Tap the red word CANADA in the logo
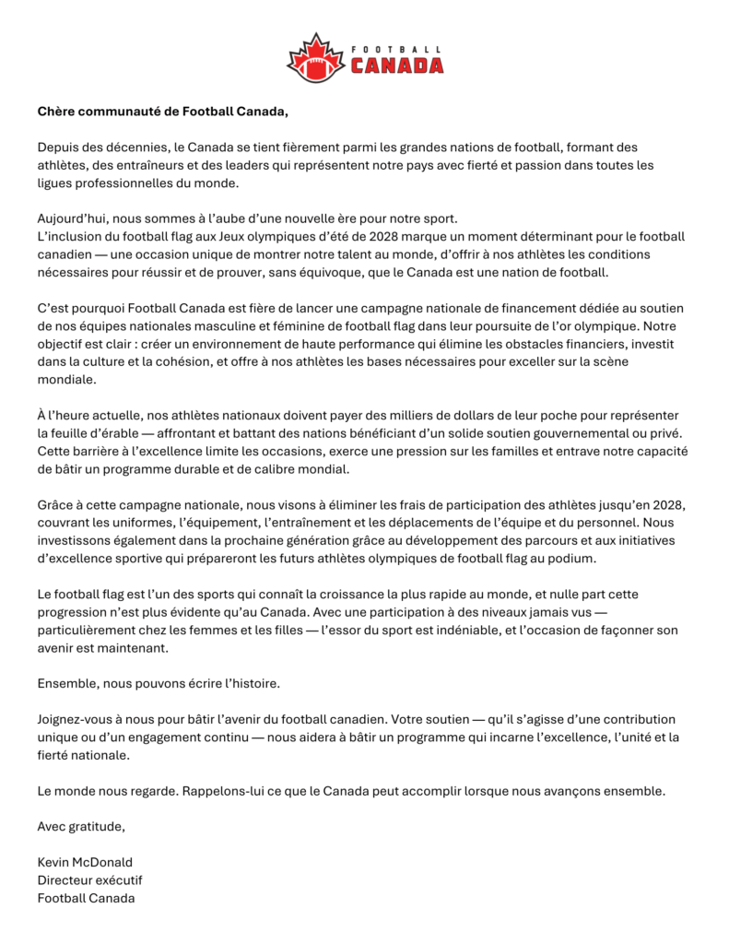[x=396, y=65]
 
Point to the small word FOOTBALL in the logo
[x=396, y=48]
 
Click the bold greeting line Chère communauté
[x=162, y=112]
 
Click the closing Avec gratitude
[x=81, y=826]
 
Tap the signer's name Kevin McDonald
[x=85, y=862]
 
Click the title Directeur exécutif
[x=89, y=879]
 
